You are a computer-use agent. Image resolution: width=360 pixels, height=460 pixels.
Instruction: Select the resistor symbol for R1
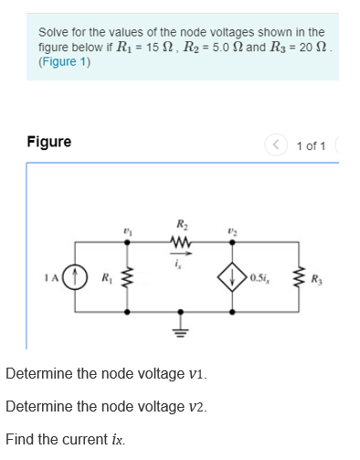(x=127, y=277)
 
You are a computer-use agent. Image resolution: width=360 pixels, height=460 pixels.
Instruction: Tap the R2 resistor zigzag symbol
(x=180, y=242)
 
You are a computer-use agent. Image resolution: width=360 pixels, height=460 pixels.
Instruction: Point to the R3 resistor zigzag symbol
(x=297, y=277)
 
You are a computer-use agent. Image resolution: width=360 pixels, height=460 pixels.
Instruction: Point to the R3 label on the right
(x=316, y=278)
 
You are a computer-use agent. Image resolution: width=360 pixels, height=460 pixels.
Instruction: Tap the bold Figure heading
(x=48, y=142)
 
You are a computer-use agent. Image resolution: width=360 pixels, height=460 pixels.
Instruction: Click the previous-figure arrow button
(x=273, y=144)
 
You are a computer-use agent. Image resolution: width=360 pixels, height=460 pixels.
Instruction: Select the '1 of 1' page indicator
(x=311, y=144)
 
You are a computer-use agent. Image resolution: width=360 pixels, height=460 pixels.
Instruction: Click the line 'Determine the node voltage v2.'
(x=106, y=407)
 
